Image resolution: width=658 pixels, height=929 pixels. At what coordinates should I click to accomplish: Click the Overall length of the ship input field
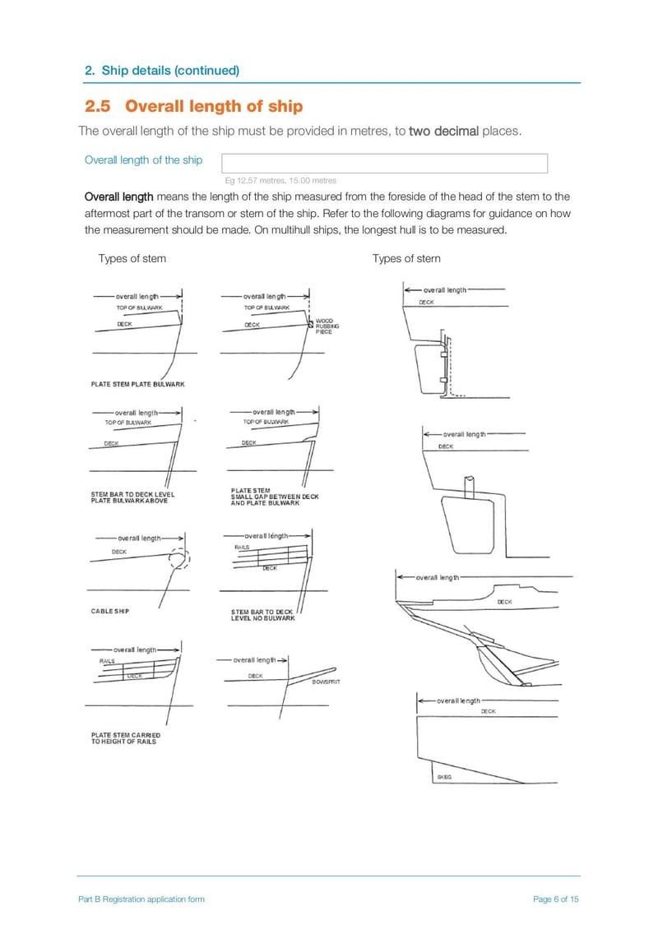coord(384,163)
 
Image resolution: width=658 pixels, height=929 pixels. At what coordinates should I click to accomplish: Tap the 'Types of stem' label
coord(132,258)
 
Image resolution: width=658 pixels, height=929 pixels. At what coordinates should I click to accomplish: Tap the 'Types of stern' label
coord(405,258)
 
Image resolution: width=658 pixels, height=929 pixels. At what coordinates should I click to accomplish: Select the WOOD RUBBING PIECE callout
coord(327,326)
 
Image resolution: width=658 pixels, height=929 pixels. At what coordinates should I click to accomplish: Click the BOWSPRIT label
coord(327,682)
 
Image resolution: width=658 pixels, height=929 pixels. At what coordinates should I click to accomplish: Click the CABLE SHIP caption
coord(109,612)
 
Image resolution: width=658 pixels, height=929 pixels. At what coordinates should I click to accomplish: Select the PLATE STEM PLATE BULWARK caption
coord(137,384)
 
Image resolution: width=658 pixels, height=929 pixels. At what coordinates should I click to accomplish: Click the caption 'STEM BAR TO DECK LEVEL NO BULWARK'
coord(262,615)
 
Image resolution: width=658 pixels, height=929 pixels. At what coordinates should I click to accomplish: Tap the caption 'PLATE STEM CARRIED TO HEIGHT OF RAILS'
coord(125,738)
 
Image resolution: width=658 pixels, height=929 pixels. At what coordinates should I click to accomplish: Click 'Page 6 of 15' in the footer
coord(556,899)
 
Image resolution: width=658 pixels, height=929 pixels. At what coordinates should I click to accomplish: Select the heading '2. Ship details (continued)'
coord(162,70)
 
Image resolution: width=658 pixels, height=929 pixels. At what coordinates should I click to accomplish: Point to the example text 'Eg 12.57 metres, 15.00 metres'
coord(280,180)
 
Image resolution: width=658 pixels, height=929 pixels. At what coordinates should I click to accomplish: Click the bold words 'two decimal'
coord(443,132)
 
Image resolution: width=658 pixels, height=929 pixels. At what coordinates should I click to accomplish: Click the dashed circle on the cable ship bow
coord(179,558)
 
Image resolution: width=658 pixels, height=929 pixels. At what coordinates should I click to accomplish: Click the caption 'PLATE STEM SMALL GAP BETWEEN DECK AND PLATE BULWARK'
coord(275,497)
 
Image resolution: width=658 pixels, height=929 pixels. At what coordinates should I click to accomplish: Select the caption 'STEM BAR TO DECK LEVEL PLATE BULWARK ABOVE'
coord(132,497)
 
